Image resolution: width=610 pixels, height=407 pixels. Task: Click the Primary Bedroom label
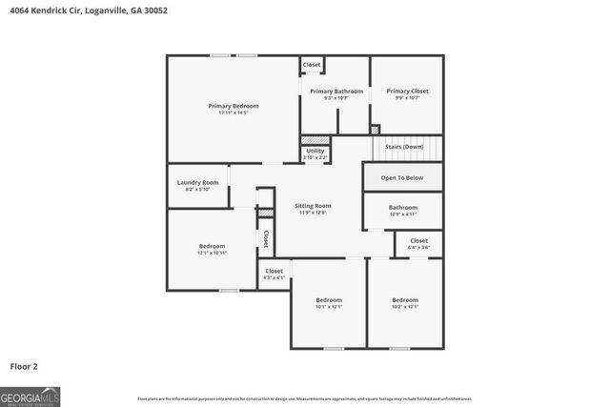(x=234, y=106)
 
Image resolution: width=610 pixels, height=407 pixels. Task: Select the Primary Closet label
(x=407, y=92)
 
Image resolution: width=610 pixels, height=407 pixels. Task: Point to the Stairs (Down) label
(x=404, y=147)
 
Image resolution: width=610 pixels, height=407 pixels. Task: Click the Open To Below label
(x=402, y=177)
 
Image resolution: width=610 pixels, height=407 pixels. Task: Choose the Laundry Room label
(x=197, y=182)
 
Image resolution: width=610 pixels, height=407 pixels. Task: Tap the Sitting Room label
(x=312, y=206)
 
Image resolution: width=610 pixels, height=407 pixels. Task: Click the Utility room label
(x=315, y=151)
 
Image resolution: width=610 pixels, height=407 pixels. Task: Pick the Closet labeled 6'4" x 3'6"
(x=418, y=241)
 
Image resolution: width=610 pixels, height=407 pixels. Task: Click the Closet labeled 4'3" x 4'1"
(x=274, y=271)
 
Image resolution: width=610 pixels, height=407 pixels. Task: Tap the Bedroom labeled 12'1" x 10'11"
(x=212, y=246)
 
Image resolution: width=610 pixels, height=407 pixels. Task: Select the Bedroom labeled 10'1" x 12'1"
(x=329, y=300)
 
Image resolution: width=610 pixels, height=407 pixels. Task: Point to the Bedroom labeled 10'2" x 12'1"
(x=405, y=300)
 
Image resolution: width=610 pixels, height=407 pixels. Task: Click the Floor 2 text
(x=24, y=365)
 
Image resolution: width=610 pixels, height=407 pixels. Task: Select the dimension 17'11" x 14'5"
(x=234, y=112)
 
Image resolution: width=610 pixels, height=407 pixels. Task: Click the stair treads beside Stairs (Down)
(x=434, y=148)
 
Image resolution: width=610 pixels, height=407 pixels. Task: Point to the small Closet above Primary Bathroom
(x=312, y=65)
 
